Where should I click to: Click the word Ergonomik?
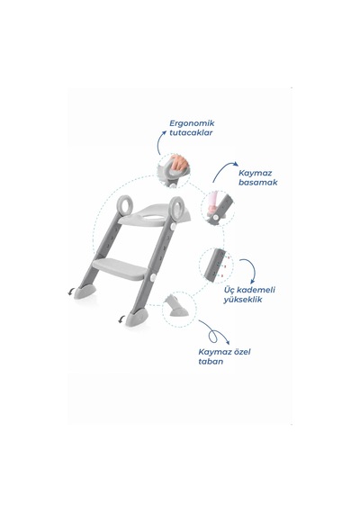(x=192, y=123)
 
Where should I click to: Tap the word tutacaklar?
(x=191, y=132)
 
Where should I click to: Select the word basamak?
(x=258, y=182)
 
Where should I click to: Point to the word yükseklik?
(x=243, y=300)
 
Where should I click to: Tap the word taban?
(x=211, y=362)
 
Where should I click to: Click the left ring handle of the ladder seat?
(x=125, y=205)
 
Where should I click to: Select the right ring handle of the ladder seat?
(x=177, y=207)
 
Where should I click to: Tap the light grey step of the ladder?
(x=120, y=268)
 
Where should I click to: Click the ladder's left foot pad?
(x=85, y=292)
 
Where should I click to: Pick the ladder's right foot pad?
(x=137, y=317)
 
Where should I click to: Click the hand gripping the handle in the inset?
(x=179, y=163)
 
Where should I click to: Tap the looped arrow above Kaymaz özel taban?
(x=214, y=333)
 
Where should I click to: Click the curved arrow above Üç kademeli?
(x=253, y=269)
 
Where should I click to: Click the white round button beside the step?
(x=153, y=278)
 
